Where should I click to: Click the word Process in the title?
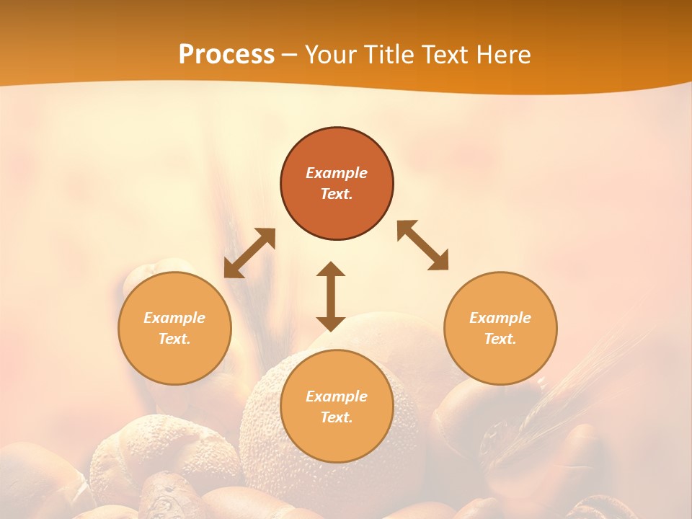click(226, 55)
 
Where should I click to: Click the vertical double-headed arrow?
click(331, 296)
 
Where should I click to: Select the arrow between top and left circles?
click(249, 253)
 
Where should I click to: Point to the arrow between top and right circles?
click(423, 245)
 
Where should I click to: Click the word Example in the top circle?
click(337, 173)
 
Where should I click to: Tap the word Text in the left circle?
click(174, 339)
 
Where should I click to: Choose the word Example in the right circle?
click(500, 318)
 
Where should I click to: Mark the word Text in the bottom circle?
click(337, 417)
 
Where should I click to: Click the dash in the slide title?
click(290, 55)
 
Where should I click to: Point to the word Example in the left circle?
click(174, 318)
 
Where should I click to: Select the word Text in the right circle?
click(500, 339)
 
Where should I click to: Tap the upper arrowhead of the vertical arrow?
click(331, 269)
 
